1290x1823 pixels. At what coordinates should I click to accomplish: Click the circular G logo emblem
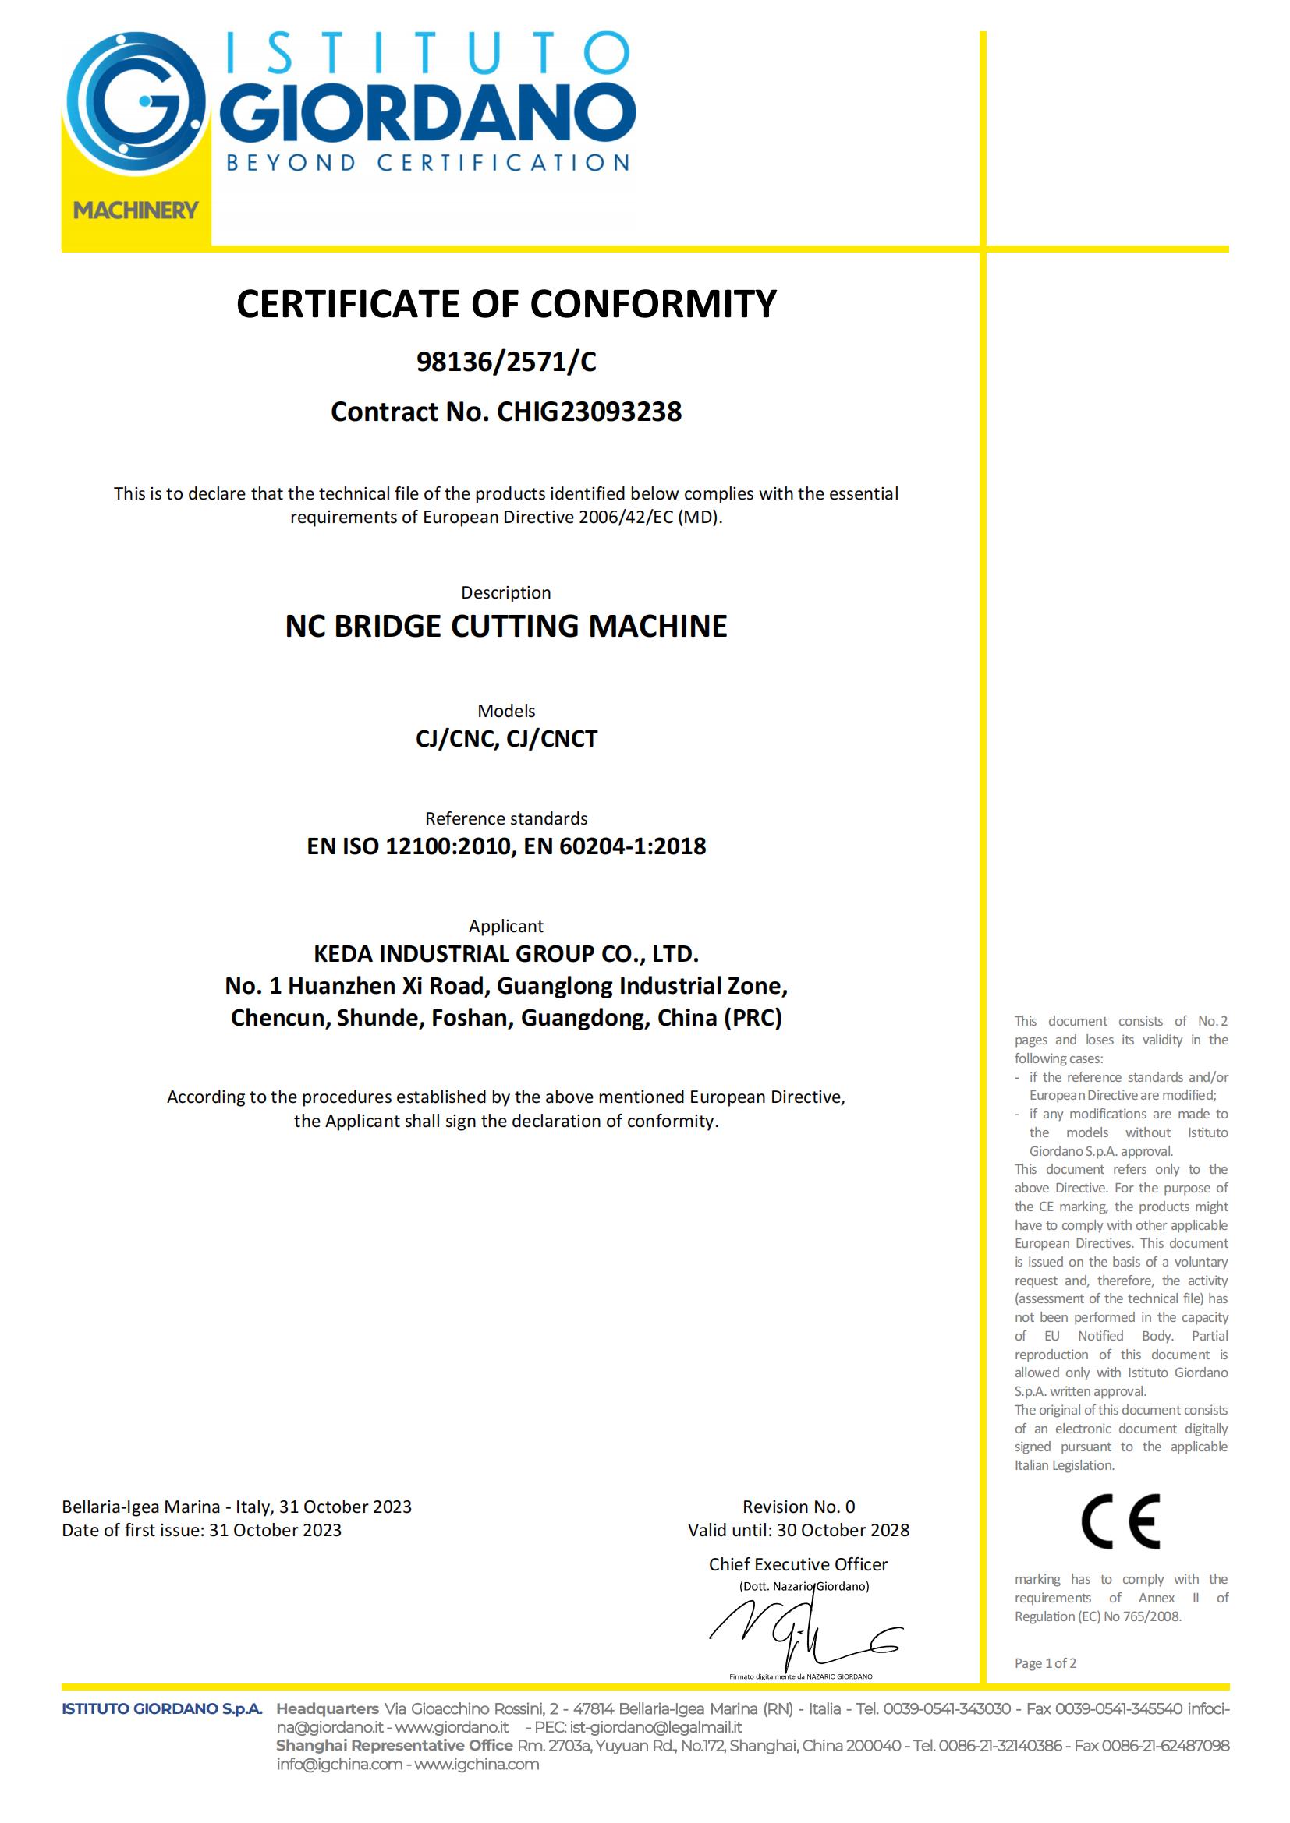tap(135, 101)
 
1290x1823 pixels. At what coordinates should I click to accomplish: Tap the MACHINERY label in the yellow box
tap(136, 210)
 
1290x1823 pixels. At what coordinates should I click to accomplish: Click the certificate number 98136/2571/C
tap(506, 362)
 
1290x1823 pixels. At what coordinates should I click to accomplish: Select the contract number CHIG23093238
tap(589, 412)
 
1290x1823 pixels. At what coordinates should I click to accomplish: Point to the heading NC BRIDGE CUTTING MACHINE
tap(506, 627)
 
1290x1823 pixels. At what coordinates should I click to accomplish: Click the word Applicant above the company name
tap(506, 926)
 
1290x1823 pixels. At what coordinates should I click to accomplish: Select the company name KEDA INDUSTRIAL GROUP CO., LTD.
tap(506, 953)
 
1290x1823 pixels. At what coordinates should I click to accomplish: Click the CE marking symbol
tap(1120, 1521)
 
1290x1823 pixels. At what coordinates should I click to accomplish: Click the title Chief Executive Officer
tap(799, 1565)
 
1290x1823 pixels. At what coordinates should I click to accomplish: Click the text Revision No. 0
tap(799, 1507)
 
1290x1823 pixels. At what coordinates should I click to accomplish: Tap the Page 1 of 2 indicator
tap(1044, 1663)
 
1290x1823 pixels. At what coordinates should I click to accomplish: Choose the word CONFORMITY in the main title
tap(653, 304)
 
